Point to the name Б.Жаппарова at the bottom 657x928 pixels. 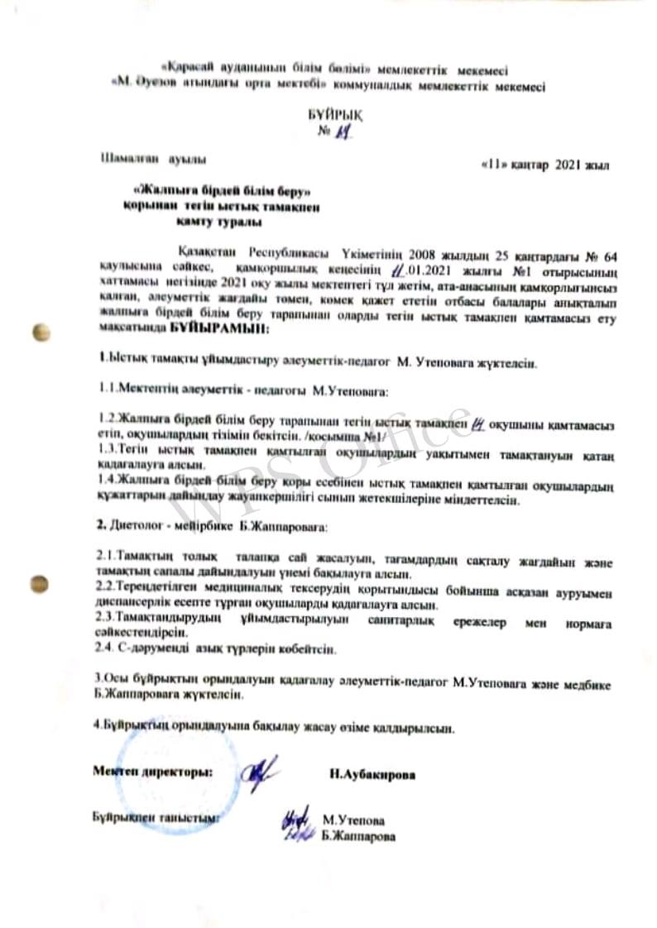click(358, 836)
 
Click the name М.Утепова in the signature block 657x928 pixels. click(353, 820)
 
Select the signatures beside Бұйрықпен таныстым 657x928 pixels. click(295, 824)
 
